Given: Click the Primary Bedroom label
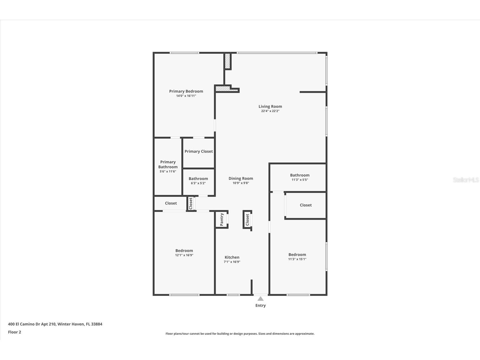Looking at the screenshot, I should tap(186, 91).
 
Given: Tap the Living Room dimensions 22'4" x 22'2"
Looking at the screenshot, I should tap(270, 111).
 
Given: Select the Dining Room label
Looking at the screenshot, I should tap(241, 178).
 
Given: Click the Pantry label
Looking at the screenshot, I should tap(222, 219).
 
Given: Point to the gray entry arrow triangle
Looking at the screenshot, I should tap(261, 299).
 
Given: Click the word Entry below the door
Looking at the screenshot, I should tap(261, 305).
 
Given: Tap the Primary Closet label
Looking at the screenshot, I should tap(199, 151).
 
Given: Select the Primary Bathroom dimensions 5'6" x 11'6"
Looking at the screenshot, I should tap(168, 172).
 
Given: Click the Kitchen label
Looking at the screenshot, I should tap(232, 257).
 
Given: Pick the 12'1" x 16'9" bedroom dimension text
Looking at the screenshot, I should tap(184, 255).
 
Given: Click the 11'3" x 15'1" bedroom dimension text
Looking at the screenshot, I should tap(297, 259).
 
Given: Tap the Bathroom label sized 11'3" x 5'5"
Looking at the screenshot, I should tap(300, 175).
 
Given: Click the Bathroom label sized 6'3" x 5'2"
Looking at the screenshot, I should tap(198, 179).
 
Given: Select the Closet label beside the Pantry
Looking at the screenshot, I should tap(247, 220).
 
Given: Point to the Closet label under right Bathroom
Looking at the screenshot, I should tap(305, 205).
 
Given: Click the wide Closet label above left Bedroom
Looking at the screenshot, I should tap(171, 203).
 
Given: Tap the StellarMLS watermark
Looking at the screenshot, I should tap(466, 180).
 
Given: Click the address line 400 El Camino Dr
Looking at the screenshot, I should tap(55, 324).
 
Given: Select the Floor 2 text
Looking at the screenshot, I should tap(14, 332).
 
